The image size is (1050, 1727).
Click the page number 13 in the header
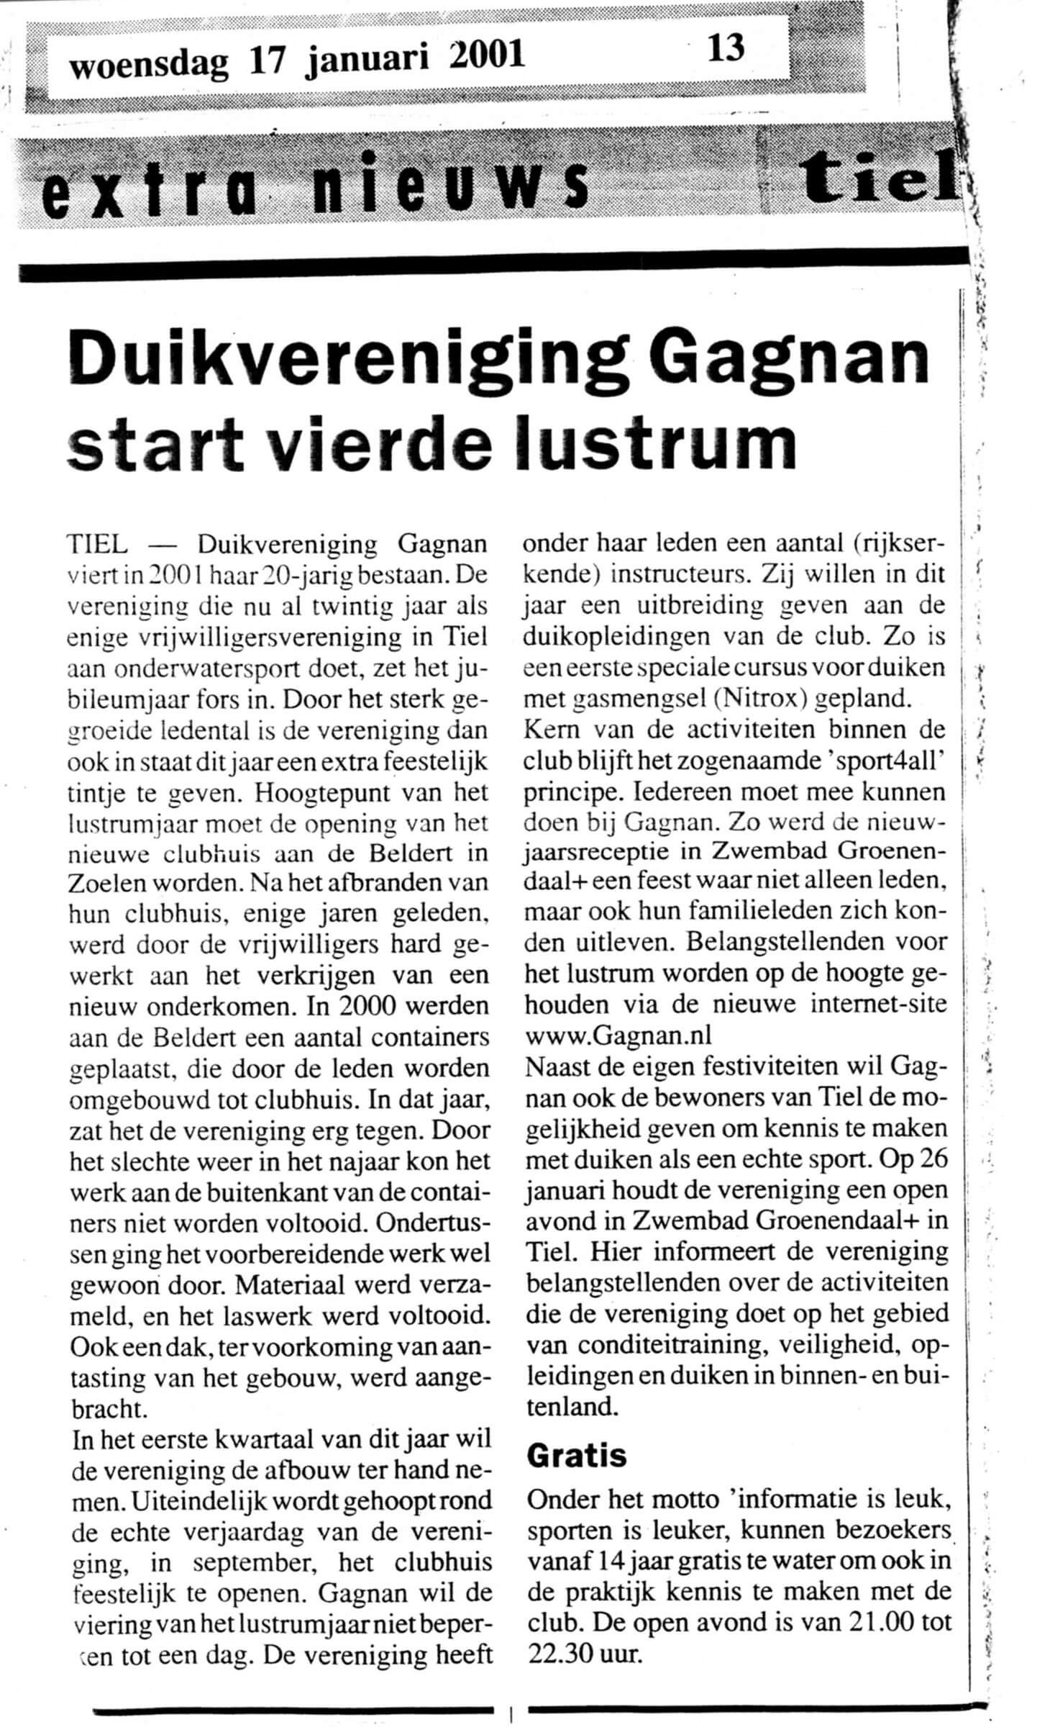tap(726, 49)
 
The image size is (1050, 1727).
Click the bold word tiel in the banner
tap(881, 176)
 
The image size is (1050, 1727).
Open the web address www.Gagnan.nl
tap(618, 1035)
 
